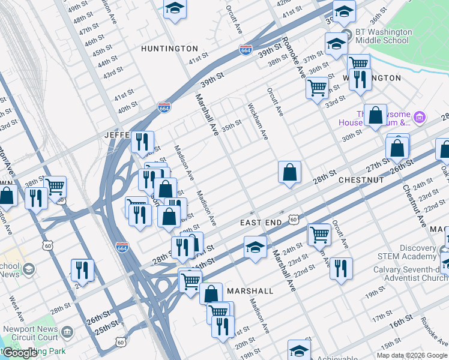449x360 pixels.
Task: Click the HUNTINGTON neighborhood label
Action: [x=169, y=48]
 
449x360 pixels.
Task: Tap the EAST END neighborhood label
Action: [x=261, y=223]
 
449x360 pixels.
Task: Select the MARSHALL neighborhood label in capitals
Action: [x=250, y=291]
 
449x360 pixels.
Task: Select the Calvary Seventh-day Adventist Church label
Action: [x=411, y=274]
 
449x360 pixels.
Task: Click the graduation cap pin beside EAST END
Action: [x=255, y=247]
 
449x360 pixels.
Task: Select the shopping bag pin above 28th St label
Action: [x=289, y=172]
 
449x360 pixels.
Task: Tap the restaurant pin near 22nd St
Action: [x=341, y=268]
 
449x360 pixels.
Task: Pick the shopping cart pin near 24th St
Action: [x=319, y=235]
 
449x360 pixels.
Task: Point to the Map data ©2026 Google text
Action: [x=412, y=355]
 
